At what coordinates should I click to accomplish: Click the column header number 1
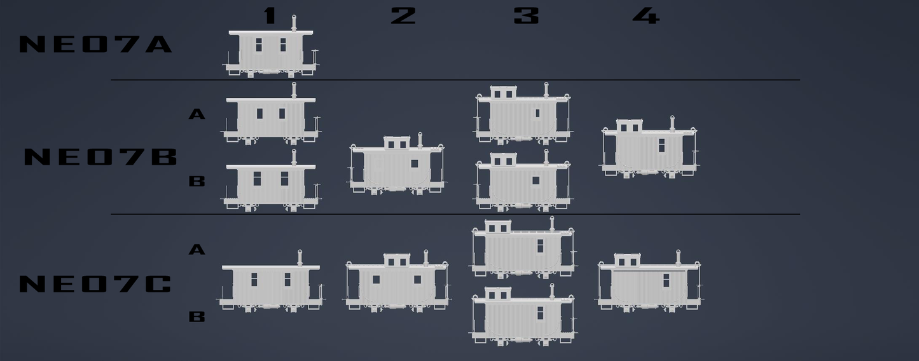(x=270, y=16)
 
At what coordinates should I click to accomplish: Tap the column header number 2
(x=403, y=16)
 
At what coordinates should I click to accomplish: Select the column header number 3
(x=526, y=16)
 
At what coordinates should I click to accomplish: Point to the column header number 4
(x=646, y=16)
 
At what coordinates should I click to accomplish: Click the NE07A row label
(x=95, y=44)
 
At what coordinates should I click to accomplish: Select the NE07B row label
(x=100, y=157)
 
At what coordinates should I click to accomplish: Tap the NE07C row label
(x=95, y=284)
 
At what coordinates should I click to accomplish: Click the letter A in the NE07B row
(x=197, y=114)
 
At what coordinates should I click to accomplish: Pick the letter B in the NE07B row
(x=197, y=181)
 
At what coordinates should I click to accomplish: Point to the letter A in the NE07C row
(x=197, y=249)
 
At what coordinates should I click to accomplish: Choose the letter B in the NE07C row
(x=197, y=317)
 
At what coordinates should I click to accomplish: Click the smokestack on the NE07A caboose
(x=294, y=23)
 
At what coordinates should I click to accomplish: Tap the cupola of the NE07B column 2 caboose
(x=397, y=143)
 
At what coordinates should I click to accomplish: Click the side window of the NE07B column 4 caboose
(x=661, y=145)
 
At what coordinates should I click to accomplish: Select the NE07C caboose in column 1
(x=271, y=282)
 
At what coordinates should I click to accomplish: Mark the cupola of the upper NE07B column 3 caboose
(x=504, y=92)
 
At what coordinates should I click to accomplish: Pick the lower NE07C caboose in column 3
(x=523, y=315)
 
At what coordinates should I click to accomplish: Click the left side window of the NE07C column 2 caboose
(x=376, y=280)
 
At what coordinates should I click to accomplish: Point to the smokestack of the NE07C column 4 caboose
(x=678, y=257)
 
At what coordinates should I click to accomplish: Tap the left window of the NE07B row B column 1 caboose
(x=257, y=179)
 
